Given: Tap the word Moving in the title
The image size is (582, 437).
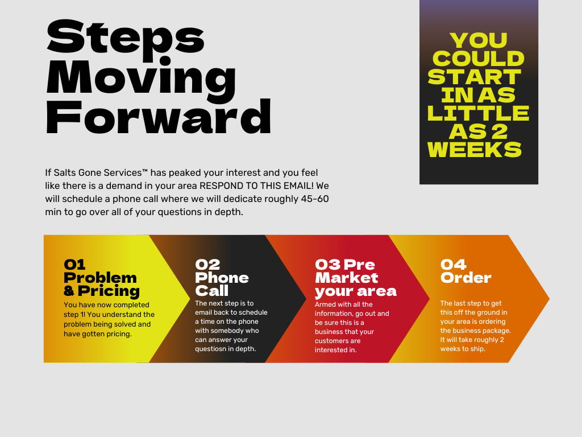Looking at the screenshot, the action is [x=141, y=80].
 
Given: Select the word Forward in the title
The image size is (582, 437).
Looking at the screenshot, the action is [x=159, y=116].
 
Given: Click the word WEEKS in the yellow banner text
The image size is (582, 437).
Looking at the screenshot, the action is [x=475, y=150].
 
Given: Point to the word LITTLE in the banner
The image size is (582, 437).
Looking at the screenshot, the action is [x=478, y=113].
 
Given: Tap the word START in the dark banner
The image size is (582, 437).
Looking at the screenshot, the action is [x=475, y=77].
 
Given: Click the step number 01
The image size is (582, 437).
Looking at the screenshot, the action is [x=74, y=265].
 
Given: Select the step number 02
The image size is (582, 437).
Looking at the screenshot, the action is [x=207, y=265].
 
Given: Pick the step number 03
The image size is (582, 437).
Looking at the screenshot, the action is [x=328, y=265].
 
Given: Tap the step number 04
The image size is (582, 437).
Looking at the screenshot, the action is [x=453, y=265].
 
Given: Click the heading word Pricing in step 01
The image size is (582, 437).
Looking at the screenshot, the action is [x=109, y=291].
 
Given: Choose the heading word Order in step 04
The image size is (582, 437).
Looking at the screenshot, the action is [x=466, y=278].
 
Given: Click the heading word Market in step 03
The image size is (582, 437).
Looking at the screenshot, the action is [x=347, y=278].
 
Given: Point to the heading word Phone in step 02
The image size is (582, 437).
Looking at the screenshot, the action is [x=222, y=278].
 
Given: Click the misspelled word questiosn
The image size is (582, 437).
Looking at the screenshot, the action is [x=214, y=349].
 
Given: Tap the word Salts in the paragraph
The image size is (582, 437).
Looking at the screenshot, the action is [x=65, y=173].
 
